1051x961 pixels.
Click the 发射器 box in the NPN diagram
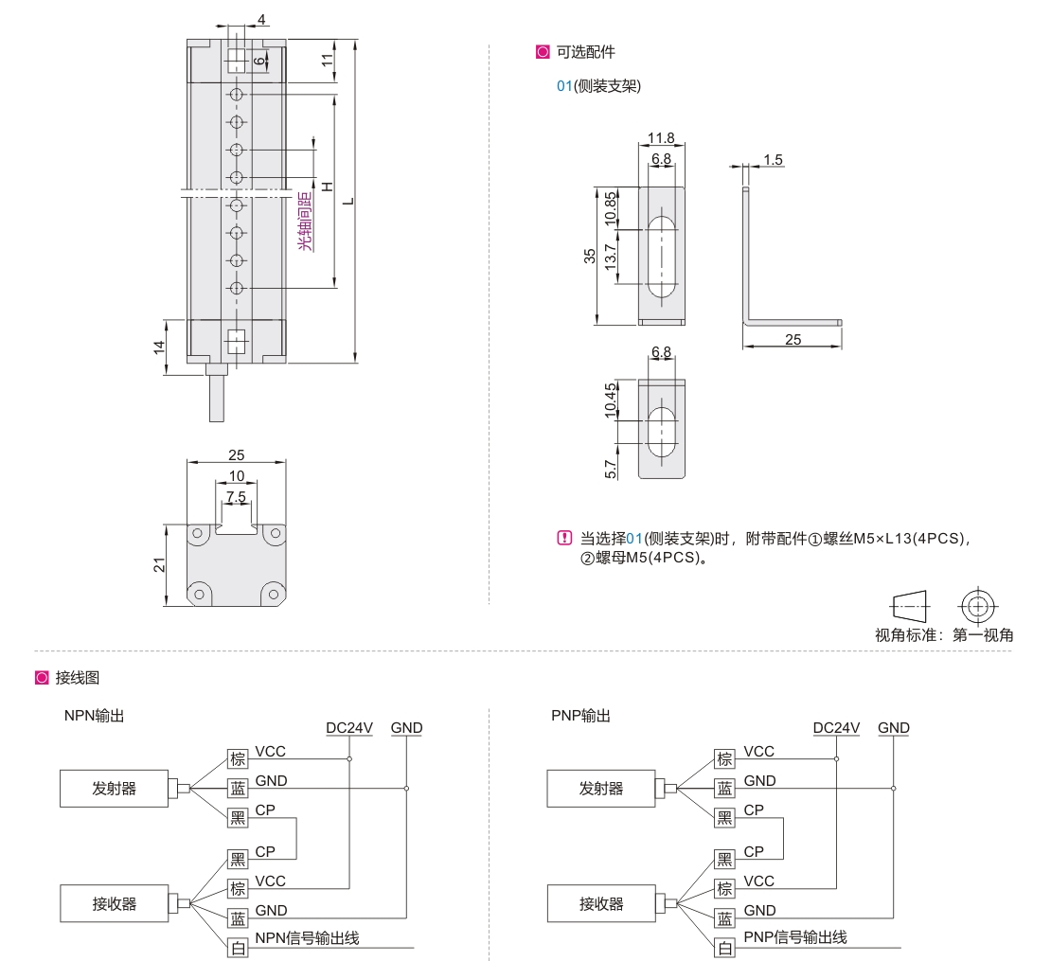pos(114,788)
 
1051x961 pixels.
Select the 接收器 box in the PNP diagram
pos(601,903)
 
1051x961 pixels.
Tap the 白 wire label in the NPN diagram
pos(238,947)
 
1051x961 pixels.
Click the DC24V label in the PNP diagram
pos(836,727)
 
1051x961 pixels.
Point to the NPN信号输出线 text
pos(307,938)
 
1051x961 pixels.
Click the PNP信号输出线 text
pos(794,937)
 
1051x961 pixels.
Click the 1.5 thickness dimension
pos(773,159)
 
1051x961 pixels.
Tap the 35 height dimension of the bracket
pos(590,255)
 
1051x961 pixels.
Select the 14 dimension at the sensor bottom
pos(160,347)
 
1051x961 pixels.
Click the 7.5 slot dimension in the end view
pos(236,496)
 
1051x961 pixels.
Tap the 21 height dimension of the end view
pos(160,565)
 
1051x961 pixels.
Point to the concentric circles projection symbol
pos(978,603)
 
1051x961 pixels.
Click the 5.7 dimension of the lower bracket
pos(611,466)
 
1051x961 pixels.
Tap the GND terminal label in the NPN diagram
pos(406,727)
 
